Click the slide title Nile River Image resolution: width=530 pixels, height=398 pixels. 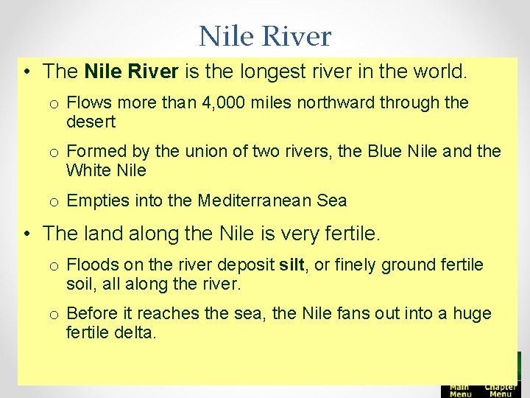click(x=265, y=35)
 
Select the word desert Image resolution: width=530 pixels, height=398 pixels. click(x=91, y=122)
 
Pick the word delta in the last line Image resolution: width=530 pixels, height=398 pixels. click(x=137, y=332)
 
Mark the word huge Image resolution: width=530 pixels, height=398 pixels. click(x=473, y=313)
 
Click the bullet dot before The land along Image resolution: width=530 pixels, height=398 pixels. click(x=26, y=234)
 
